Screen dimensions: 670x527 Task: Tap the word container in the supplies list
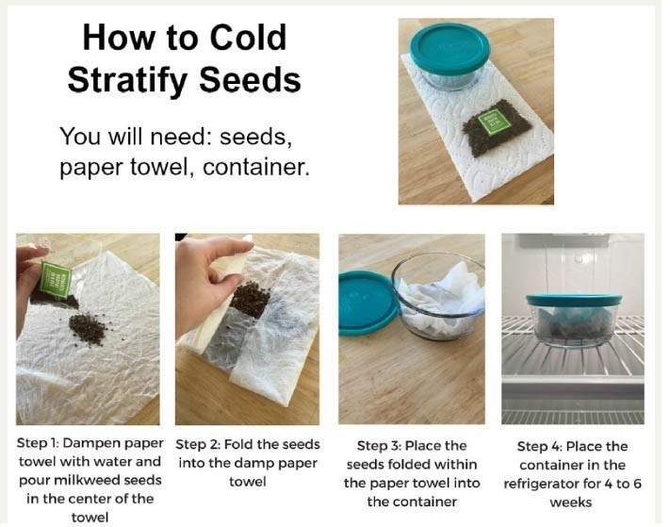(256, 167)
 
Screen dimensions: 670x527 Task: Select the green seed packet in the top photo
(494, 121)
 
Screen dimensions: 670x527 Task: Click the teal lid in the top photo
(449, 48)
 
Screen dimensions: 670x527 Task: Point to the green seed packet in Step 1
(55, 280)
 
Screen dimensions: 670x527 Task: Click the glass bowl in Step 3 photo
(438, 296)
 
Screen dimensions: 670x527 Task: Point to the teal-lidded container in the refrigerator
(574, 319)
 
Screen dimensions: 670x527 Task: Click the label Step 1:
(38, 443)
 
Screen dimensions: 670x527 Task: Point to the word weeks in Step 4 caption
(570, 502)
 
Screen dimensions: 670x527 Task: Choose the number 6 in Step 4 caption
(637, 484)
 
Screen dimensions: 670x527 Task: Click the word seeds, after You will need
(256, 137)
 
